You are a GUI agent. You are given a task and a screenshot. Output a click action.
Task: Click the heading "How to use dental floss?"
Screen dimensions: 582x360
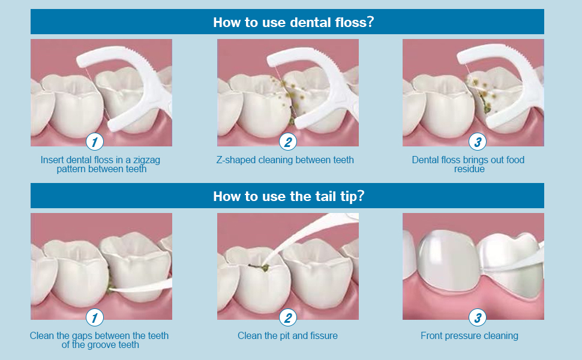point(293,22)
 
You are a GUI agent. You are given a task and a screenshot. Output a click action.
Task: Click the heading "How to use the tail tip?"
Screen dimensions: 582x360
point(289,196)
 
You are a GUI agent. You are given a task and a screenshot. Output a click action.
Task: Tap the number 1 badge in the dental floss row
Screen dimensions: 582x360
point(95,142)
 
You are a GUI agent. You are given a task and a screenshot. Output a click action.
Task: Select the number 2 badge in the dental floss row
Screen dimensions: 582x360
point(287,142)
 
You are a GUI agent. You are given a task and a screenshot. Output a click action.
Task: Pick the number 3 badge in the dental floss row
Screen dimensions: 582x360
point(478,142)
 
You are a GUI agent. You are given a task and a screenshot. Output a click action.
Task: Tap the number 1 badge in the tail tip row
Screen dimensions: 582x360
point(95,317)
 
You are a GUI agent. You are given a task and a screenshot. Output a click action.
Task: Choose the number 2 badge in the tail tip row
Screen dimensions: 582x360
point(287,317)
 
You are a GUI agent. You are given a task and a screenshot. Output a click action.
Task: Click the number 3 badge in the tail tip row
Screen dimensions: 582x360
point(478,317)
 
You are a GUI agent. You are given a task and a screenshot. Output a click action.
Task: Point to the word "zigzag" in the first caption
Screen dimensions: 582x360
point(146,161)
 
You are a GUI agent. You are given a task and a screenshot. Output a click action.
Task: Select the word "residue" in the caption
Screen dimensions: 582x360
point(469,169)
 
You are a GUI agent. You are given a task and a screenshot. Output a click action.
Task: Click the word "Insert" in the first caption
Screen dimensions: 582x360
point(51,160)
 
